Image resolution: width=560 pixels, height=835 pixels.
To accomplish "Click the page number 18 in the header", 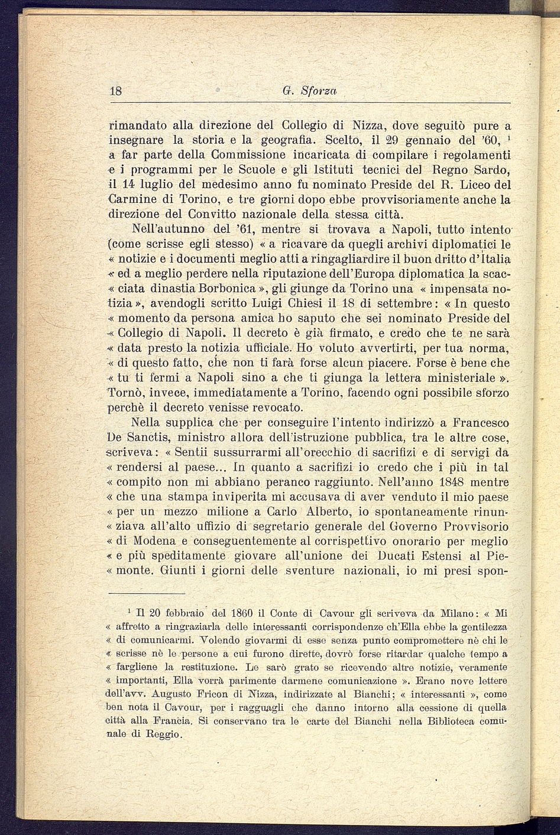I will click(116, 91).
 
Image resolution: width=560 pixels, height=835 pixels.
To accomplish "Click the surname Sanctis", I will click(150, 438).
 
